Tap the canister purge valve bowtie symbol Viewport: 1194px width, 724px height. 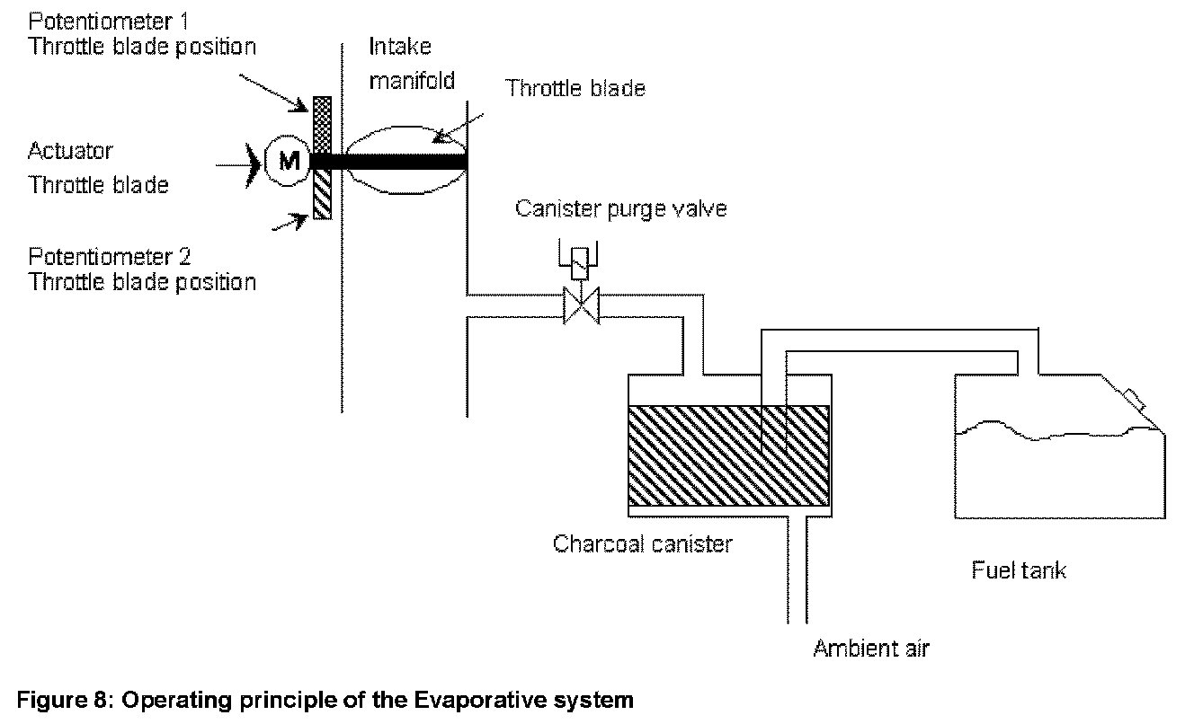tap(581, 305)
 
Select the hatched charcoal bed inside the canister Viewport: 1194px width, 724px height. tap(727, 455)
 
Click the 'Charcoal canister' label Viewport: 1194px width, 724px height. tap(643, 543)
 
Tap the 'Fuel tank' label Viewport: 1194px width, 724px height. tap(1019, 569)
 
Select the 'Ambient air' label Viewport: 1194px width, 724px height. tap(870, 648)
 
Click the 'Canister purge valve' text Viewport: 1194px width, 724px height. tap(620, 208)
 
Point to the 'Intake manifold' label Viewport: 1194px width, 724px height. tap(411, 63)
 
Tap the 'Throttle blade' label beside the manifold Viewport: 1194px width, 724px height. tap(575, 88)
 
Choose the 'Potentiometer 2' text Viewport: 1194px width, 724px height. tap(110, 257)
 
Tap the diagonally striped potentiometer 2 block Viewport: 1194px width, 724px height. tap(322, 195)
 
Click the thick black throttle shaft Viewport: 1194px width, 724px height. tap(396, 162)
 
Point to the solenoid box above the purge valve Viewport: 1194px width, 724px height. tap(581, 262)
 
